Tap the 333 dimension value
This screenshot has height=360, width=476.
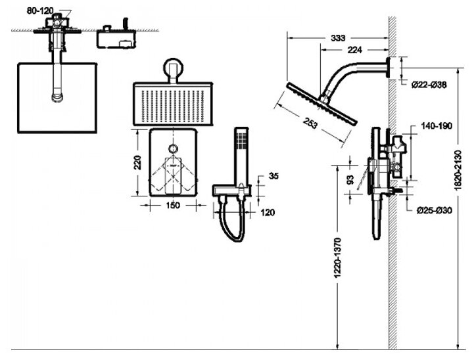point(338,38)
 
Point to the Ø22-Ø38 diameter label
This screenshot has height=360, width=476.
point(429,84)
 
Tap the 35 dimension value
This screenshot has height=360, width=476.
point(274,176)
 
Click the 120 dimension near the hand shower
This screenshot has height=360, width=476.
point(267,212)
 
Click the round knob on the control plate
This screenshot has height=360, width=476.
point(174,146)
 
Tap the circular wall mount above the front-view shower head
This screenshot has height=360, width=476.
point(174,69)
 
